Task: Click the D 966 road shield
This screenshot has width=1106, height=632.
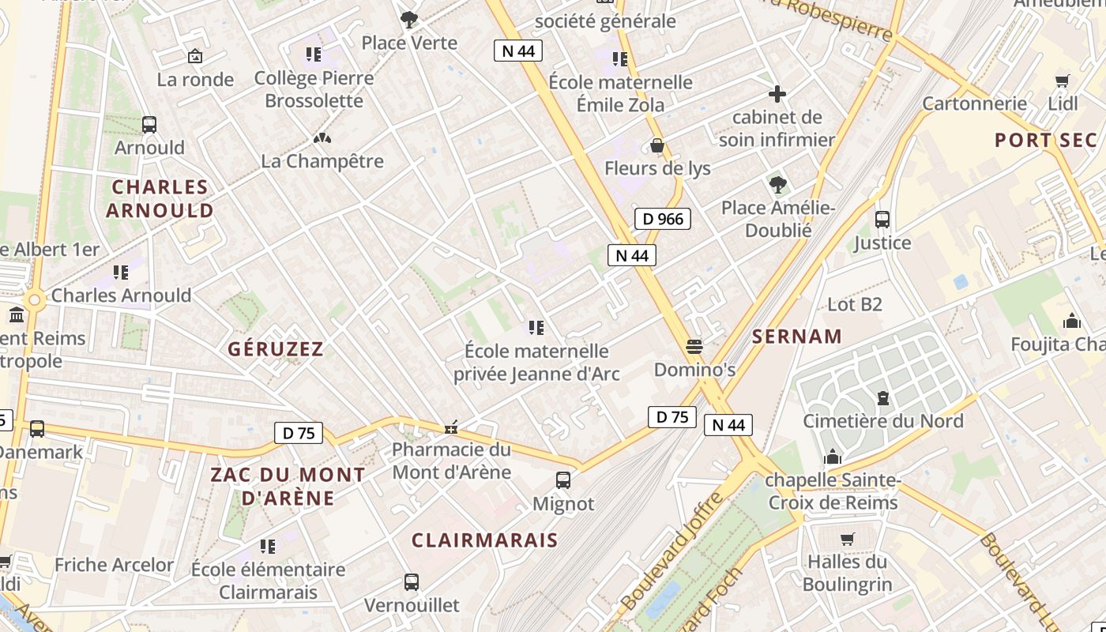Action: coord(663,219)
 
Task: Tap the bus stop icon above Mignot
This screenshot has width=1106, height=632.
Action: coord(563,480)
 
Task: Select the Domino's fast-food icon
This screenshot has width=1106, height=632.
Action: coord(694,347)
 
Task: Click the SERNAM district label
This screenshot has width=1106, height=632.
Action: coord(797,337)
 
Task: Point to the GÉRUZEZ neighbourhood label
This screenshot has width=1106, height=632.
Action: coord(276,349)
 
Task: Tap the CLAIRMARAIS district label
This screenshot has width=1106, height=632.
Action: coord(484,540)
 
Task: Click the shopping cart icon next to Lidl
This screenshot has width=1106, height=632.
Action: coord(1063,81)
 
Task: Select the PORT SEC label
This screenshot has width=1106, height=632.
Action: coord(1046,141)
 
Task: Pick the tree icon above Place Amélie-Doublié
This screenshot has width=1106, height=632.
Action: coord(777,185)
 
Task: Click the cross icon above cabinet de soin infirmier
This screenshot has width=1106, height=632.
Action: coord(777,94)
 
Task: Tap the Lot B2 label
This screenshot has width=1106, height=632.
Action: coord(854,304)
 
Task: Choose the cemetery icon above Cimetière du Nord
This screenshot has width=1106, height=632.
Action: coord(882,398)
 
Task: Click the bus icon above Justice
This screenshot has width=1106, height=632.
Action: coord(882,220)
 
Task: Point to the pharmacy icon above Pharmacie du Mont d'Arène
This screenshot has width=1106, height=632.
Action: coord(451,427)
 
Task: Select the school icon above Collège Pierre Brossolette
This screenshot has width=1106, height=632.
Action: coord(314,55)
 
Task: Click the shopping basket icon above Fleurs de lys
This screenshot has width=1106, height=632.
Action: coord(656,146)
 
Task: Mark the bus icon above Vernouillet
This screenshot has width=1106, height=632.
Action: coord(412,582)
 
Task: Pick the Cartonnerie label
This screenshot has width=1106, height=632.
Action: coord(975,103)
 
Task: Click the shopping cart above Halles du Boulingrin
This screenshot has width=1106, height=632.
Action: coord(848,539)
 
